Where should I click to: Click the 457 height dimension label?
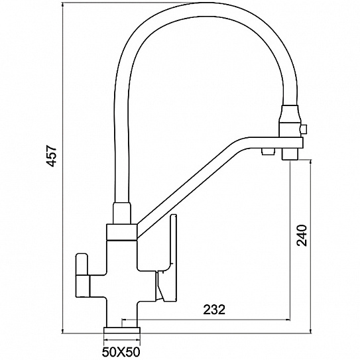[x=51, y=156]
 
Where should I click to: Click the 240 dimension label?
[x=302, y=235]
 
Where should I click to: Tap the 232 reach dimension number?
[x=214, y=310]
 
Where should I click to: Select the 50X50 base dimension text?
[x=121, y=351]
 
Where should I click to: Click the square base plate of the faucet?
[x=122, y=330]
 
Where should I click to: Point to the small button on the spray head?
[x=304, y=129]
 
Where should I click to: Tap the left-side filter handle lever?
[x=82, y=274]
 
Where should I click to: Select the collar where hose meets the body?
[x=122, y=213]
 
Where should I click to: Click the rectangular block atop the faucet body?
[x=122, y=232]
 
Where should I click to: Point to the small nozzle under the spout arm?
[x=267, y=152]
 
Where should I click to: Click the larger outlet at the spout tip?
[x=290, y=154]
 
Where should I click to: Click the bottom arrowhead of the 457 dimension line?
[x=63, y=330]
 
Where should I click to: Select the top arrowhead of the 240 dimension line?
[x=311, y=162]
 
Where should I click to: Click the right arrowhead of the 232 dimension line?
[x=288, y=319]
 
